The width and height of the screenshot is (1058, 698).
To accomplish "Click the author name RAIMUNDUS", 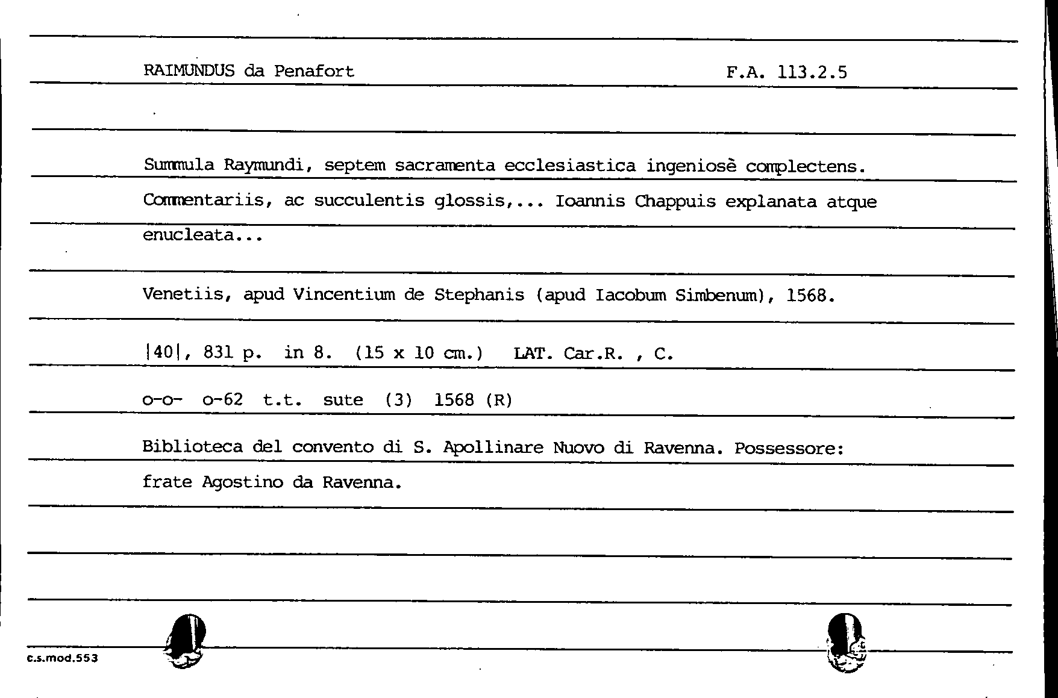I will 189,71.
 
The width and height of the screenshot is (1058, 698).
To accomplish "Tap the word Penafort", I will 314,71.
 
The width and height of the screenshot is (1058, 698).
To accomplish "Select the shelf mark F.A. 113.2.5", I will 786,73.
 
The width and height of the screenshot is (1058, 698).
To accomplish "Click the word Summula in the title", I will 179,165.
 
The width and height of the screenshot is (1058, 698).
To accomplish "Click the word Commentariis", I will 204,200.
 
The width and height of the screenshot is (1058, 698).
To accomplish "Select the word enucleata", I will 189,235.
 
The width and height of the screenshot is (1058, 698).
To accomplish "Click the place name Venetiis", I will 183,294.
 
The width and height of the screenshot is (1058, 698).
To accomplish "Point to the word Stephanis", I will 479,295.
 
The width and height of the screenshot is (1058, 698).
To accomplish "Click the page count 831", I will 218,352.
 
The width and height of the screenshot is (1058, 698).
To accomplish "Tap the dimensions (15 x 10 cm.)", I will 419,353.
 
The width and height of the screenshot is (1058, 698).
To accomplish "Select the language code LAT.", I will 533,354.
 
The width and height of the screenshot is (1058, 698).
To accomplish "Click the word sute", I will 343,400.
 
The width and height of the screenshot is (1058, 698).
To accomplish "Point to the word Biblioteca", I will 192,447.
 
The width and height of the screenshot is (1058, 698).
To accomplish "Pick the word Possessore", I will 789,449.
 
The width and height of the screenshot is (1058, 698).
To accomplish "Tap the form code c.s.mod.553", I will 63,658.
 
